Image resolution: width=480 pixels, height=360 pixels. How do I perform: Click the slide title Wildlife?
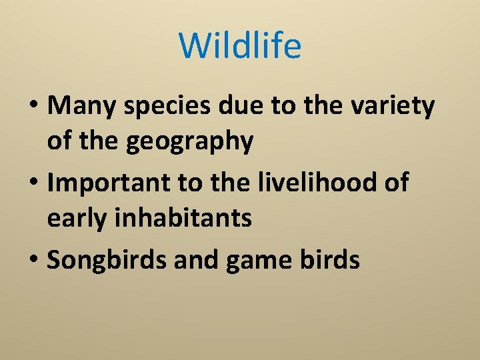(x=240, y=46)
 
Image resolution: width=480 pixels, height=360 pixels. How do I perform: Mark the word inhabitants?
(x=186, y=219)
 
